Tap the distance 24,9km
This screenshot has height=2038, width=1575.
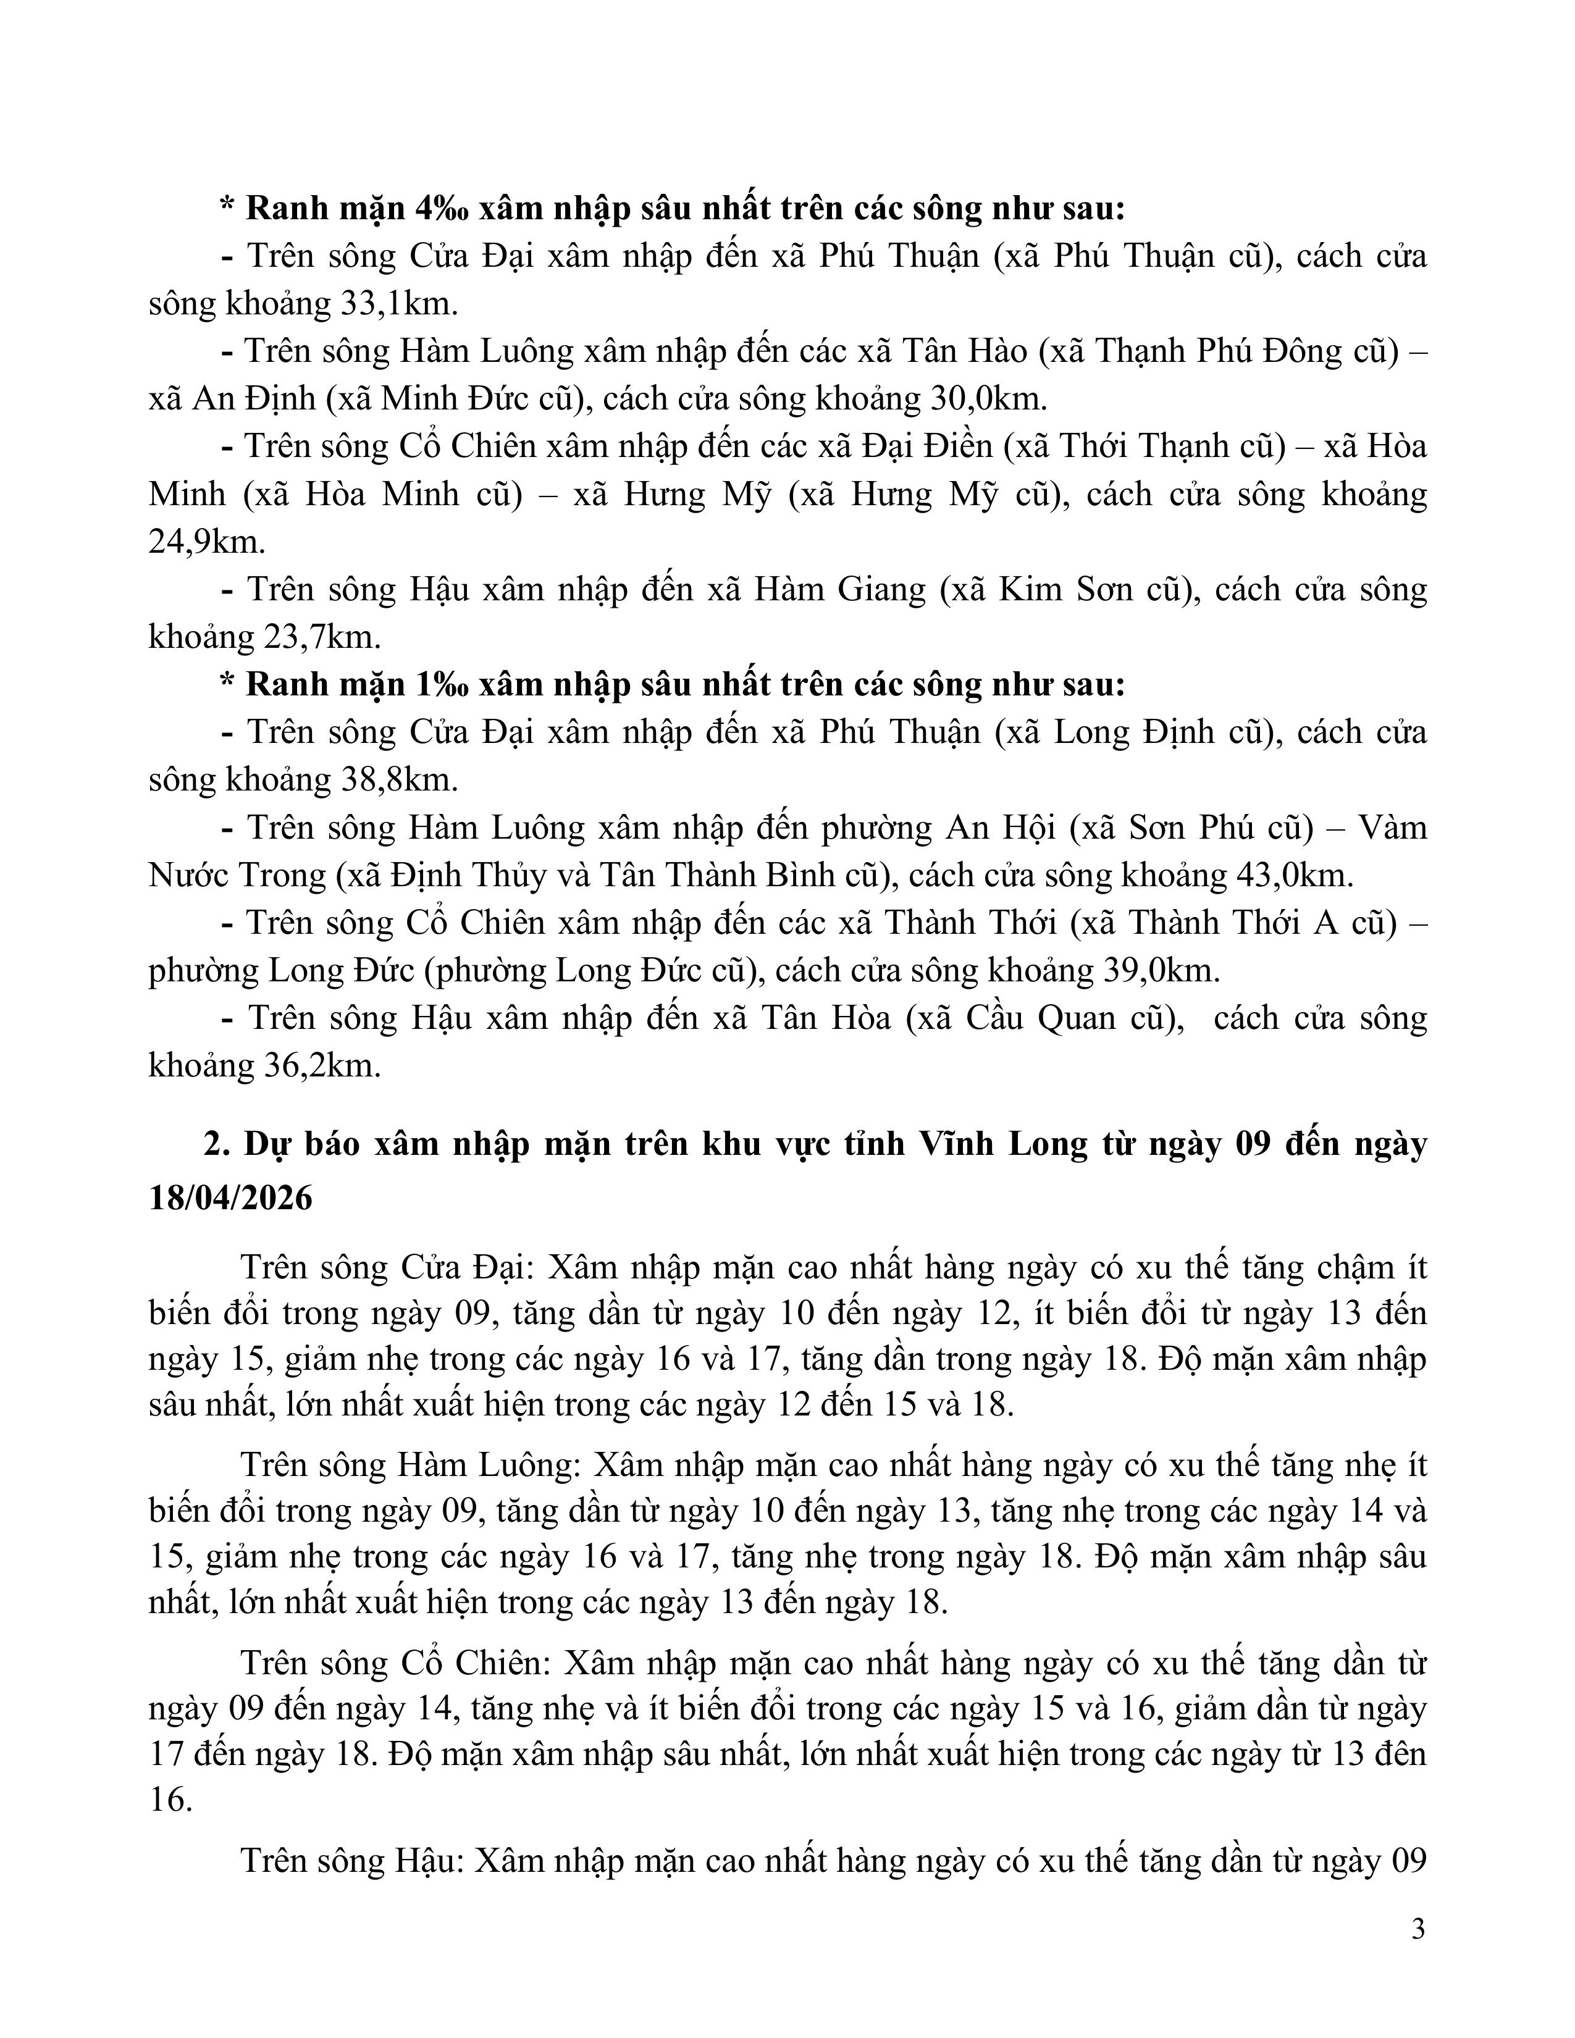pyautogui.click(x=206, y=542)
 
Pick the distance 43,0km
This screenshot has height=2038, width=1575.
pyautogui.click(x=1292, y=875)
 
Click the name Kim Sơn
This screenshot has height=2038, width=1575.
pyautogui.click(x=1054, y=590)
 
